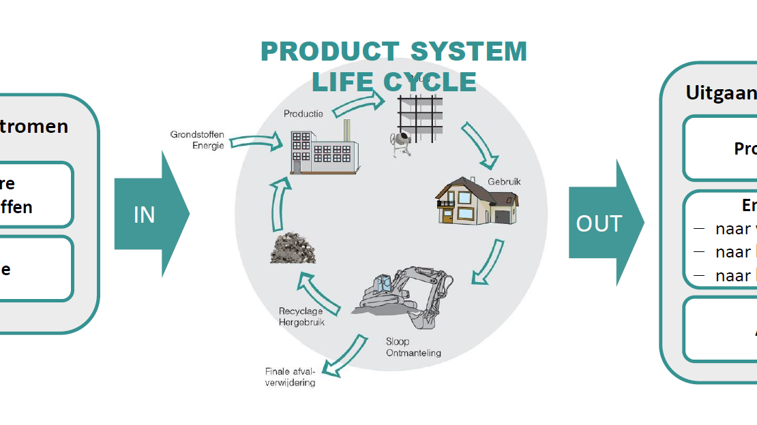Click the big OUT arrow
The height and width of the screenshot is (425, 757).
pos(604,223)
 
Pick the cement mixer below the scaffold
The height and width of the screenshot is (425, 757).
pos(401,144)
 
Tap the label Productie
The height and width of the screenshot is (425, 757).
pos(303,114)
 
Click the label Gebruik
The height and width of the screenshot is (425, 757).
pos(504,182)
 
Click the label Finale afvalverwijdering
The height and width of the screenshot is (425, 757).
pos(291,377)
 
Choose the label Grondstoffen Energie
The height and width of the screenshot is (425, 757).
pos(197,140)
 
